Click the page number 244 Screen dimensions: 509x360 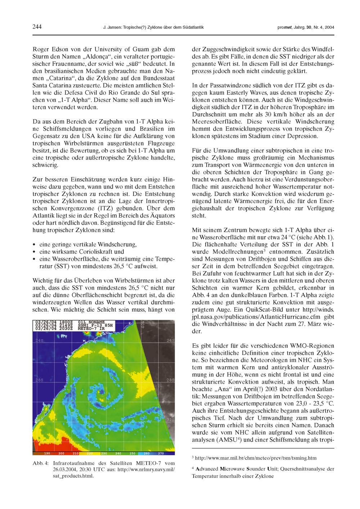[37, 27]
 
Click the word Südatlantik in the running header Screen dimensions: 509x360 [193, 27]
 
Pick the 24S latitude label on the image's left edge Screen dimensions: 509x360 [37, 340]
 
